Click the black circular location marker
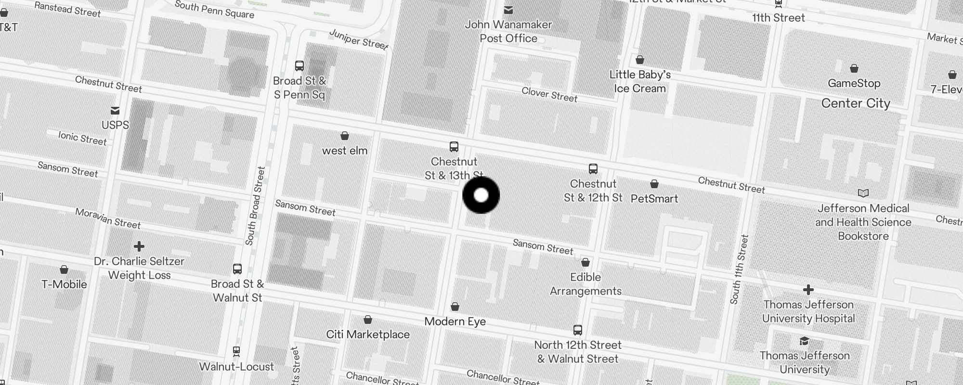481,195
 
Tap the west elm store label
345,151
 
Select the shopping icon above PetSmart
654,184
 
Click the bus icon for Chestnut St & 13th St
454,146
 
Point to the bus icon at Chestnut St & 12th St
593,169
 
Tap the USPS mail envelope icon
115,111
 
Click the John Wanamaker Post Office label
508,31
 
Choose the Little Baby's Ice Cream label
640,81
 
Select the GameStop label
854,83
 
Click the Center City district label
856,103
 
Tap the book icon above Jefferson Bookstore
863,193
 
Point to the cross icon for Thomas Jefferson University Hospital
808,290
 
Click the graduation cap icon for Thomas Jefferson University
804,341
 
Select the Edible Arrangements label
586,284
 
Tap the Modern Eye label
455,321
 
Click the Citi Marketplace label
368,334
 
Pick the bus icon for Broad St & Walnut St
237,269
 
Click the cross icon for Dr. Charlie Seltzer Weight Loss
139,246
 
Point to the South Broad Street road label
255,205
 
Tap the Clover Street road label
549,94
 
